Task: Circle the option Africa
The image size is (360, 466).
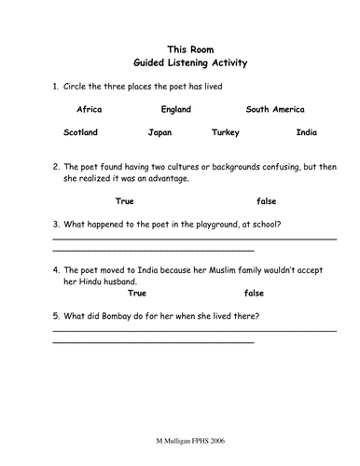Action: pyautogui.click(x=89, y=110)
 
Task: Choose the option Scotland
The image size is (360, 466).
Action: pyautogui.click(x=80, y=132)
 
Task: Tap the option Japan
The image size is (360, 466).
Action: pyautogui.click(x=160, y=132)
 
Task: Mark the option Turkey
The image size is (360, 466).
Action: pyautogui.click(x=227, y=132)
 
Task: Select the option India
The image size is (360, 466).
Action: pyautogui.click(x=306, y=132)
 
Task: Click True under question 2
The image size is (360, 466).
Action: pyautogui.click(x=125, y=200)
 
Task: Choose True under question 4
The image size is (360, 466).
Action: pyautogui.click(x=125, y=293)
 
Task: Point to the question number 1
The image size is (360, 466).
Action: pyautogui.click(x=55, y=86)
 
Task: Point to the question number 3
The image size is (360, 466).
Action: pyautogui.click(x=55, y=224)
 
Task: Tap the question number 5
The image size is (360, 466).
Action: pyautogui.click(x=55, y=316)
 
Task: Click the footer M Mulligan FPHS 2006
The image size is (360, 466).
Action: pyautogui.click(x=181, y=441)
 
